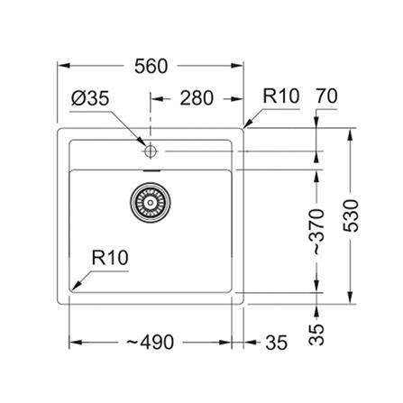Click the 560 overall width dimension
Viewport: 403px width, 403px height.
151,67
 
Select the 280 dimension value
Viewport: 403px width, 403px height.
197,98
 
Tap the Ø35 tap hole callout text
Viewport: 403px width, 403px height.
90,98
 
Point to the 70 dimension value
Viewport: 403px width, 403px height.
326,96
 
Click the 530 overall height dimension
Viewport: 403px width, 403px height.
351,215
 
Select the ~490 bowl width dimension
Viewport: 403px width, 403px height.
150,342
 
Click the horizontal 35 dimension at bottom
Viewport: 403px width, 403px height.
277,343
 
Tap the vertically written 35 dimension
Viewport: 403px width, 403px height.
316,334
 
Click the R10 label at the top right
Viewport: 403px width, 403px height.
281,96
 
